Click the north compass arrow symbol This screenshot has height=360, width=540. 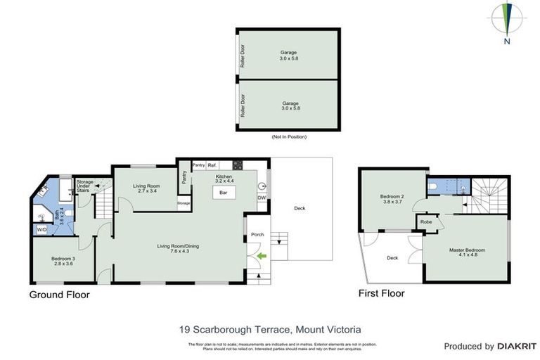507,18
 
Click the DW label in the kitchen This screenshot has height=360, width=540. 262,198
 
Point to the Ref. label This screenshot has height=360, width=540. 211,165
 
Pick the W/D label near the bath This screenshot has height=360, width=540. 41,230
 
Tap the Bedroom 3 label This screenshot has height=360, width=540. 63,260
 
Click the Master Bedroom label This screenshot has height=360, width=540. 467,251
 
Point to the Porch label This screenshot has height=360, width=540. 257,235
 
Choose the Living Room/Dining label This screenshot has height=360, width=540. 178,247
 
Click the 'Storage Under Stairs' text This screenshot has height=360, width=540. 84,186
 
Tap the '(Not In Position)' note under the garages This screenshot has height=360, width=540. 288,136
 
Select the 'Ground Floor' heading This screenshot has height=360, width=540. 59,295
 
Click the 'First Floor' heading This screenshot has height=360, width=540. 381,293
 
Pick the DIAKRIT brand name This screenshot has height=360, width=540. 517,347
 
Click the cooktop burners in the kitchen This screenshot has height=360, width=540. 238,165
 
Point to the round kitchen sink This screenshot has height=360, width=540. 262,186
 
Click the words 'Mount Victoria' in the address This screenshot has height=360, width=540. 328,328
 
